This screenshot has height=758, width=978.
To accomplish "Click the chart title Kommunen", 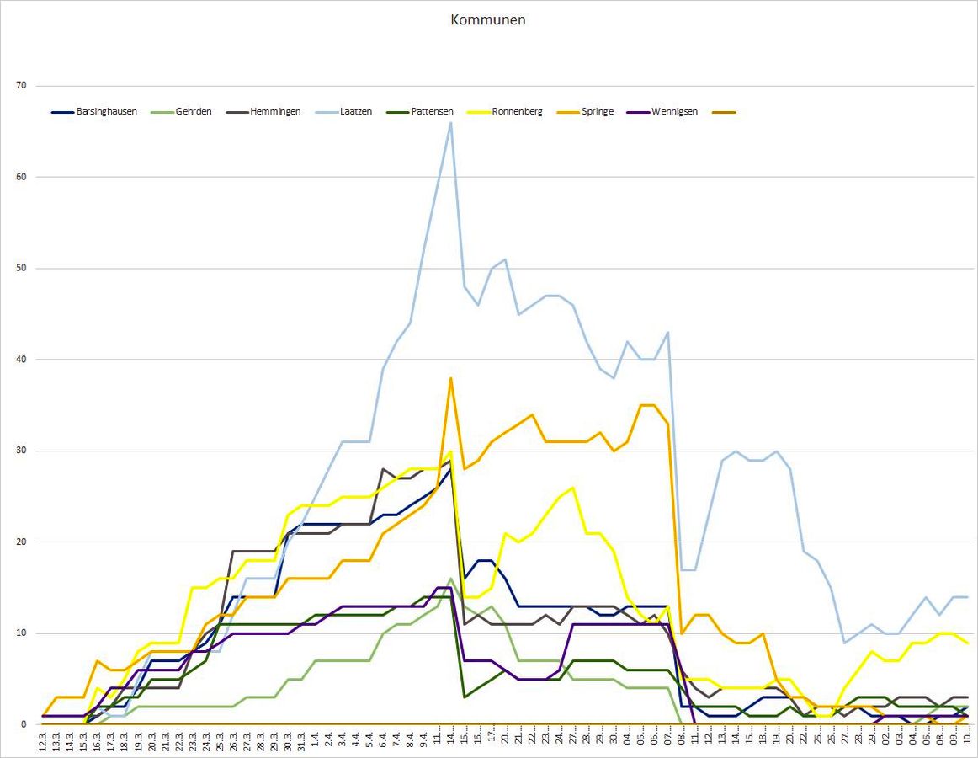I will (x=488, y=19).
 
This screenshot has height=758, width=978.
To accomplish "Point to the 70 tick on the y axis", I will (x=22, y=86).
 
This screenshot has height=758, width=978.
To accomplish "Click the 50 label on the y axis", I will (x=22, y=269).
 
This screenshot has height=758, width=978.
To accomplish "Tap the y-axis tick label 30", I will (x=22, y=451).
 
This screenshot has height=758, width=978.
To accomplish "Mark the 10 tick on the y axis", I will (x=22, y=633).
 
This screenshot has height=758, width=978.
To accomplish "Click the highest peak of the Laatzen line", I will (x=450, y=123).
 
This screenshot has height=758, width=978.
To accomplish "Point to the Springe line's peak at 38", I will (x=450, y=378).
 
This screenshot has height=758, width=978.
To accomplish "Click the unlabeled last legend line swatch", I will (x=724, y=112).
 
